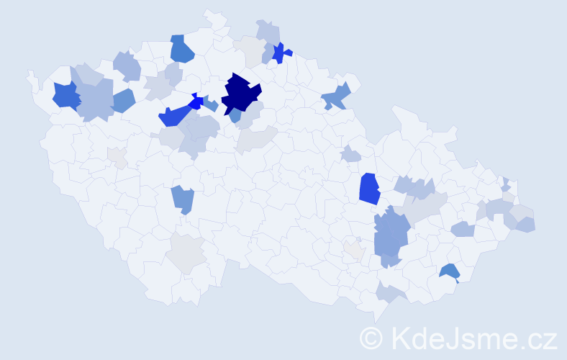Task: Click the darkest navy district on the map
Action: pyautogui.click(x=240, y=93)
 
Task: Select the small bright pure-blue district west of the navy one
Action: pyautogui.click(x=195, y=102)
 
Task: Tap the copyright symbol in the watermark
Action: pyautogui.click(x=371, y=338)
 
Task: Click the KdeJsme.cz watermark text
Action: pyautogui.click(x=471, y=338)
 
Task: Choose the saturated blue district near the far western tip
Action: pyautogui.click(x=65, y=95)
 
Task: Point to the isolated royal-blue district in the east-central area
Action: pyautogui.click(x=369, y=189)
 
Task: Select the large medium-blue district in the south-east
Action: pyautogui.click(x=391, y=235)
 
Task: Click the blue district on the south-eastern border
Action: pyautogui.click(x=450, y=271)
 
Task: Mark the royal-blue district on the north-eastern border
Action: pyautogui.click(x=281, y=53)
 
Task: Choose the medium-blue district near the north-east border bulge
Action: pyautogui.click(x=337, y=96)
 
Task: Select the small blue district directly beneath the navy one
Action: pyautogui.click(x=235, y=115)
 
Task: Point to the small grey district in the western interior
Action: pyautogui.click(x=117, y=156)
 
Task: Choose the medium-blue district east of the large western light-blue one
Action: pyautogui.click(x=123, y=101)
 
